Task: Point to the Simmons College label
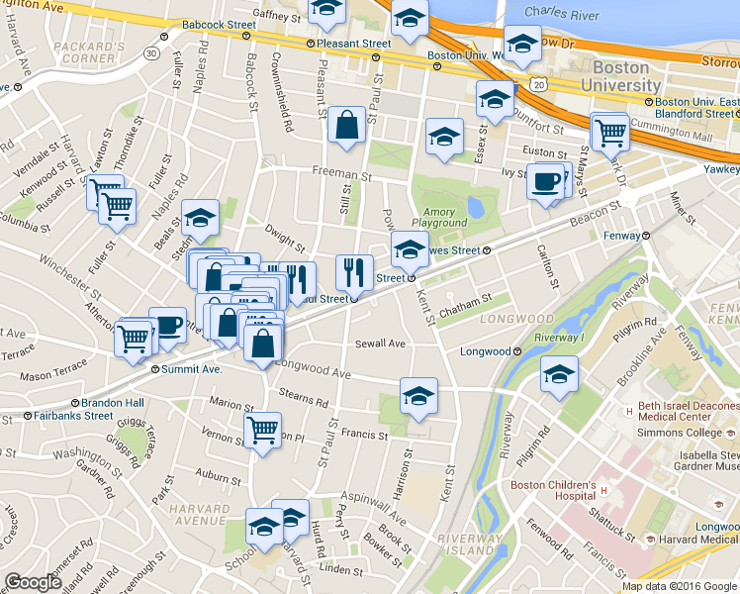pos(681,433)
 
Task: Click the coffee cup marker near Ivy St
pos(545,182)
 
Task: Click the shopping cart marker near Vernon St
pos(262,431)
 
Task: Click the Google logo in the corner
pos(33,583)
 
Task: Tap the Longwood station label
pos(485,351)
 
